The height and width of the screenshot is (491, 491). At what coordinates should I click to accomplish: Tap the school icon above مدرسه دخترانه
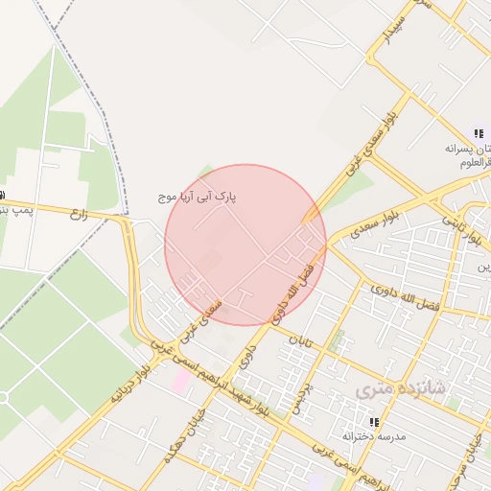(374, 421)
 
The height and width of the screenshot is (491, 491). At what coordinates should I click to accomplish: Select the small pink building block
(180, 381)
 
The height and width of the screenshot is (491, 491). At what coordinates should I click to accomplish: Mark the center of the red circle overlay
(245, 245)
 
